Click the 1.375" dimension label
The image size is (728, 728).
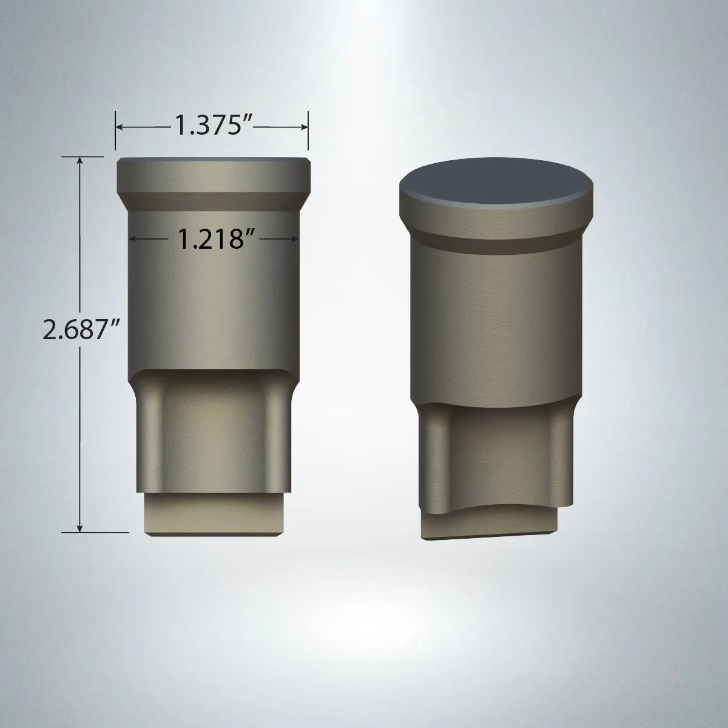pos(214,125)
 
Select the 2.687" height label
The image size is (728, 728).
pos(81,329)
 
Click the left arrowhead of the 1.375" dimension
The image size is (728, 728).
pos(119,127)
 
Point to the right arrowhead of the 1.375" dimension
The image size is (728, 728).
pos(305,127)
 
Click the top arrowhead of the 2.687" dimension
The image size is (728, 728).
pos(79,160)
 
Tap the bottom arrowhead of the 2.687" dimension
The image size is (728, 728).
pos(79,528)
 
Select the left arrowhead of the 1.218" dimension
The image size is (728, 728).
pos(133,239)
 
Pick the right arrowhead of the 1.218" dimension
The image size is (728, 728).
pos(295,239)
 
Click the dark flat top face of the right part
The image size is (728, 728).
pos(496,183)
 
